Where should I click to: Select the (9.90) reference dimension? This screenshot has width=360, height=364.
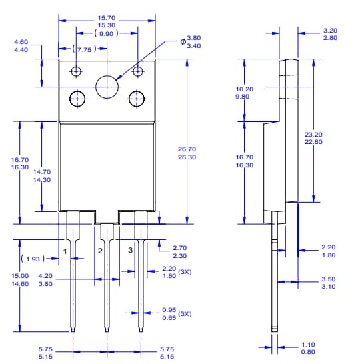(x=107, y=33)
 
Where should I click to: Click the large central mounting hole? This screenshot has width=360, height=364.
(x=107, y=87)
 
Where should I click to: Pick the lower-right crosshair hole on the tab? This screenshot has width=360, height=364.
(x=137, y=99)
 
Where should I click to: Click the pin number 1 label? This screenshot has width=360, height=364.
(x=65, y=250)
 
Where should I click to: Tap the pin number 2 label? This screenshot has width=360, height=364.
(x=100, y=250)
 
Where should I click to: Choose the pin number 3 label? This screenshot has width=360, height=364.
(x=130, y=250)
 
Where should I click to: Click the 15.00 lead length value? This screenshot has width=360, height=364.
(x=20, y=275)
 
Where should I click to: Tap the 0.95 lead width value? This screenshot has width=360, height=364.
(x=169, y=310)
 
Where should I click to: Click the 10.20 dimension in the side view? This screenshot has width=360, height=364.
(x=245, y=89)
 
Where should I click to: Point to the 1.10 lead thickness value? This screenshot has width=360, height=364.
(x=308, y=345)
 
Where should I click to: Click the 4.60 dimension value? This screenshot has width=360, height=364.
(x=21, y=42)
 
